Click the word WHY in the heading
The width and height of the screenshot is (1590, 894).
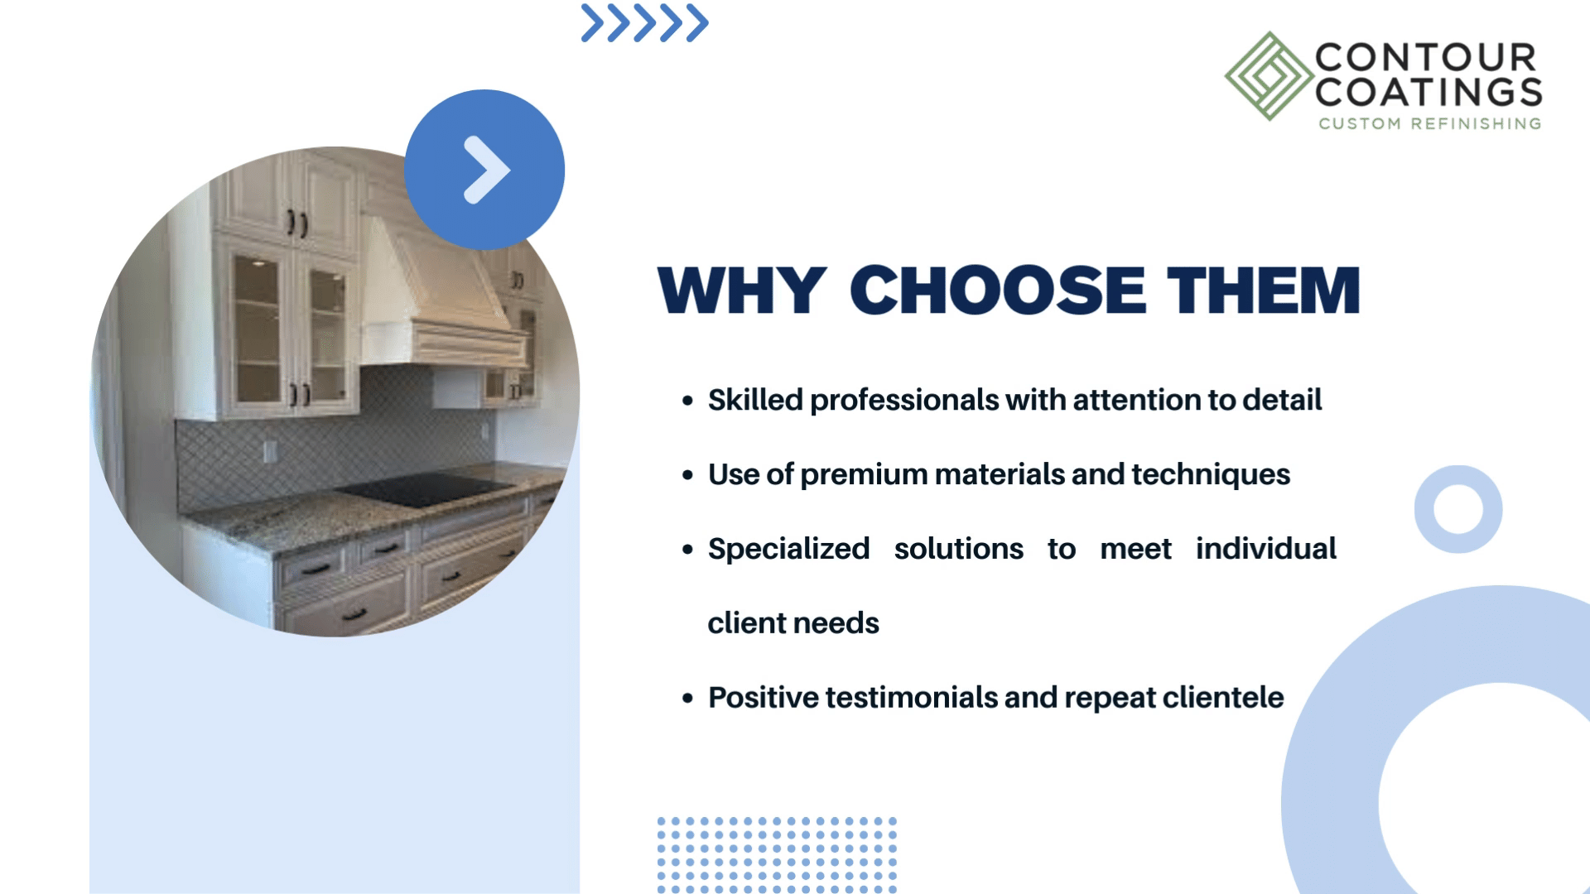click(742, 291)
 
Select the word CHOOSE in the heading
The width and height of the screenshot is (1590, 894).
click(998, 291)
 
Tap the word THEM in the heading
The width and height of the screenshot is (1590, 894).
click(1264, 291)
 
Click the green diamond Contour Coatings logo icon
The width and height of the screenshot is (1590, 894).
click(1269, 76)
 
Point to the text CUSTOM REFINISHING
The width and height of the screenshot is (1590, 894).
click(1430, 123)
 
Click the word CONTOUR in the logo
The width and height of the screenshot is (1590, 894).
click(1426, 58)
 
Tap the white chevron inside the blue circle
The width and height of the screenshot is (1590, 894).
click(486, 170)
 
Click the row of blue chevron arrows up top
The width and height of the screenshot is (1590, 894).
click(644, 23)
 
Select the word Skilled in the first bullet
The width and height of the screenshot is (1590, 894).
click(755, 400)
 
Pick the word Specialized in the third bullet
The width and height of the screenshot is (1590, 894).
click(788, 550)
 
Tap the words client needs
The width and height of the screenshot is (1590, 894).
click(793, 622)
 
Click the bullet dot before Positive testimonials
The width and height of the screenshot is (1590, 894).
click(687, 699)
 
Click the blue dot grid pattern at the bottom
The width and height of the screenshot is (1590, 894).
click(777, 855)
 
